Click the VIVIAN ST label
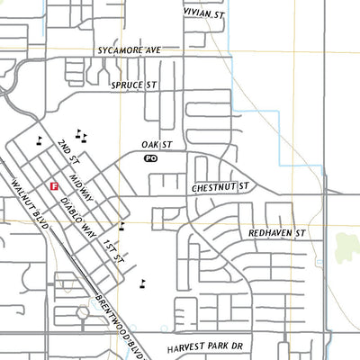(202, 13)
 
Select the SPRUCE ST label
(133, 85)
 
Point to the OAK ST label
(156, 144)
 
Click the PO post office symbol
(150, 157)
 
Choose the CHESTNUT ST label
(220, 188)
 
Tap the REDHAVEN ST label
(277, 232)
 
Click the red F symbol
(55, 185)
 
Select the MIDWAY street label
(80, 187)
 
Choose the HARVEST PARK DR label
(205, 346)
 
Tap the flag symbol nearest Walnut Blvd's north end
(40, 139)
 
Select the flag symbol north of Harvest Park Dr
(142, 283)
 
